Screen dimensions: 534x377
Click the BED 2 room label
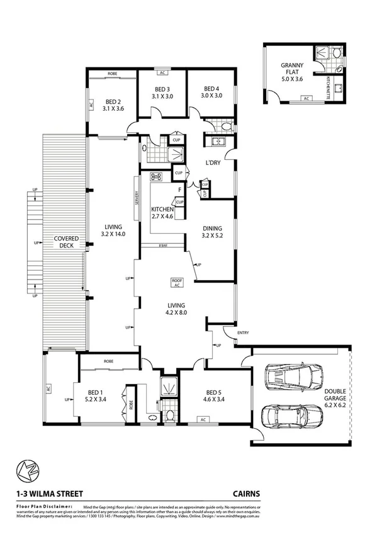tap(113, 101)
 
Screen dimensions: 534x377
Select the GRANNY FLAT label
tap(292, 69)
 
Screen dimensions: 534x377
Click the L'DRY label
tap(212, 163)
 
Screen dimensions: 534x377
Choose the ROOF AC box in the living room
tap(177, 282)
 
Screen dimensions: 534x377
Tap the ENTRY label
tap(243, 332)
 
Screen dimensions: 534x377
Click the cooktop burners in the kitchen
tap(156, 177)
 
